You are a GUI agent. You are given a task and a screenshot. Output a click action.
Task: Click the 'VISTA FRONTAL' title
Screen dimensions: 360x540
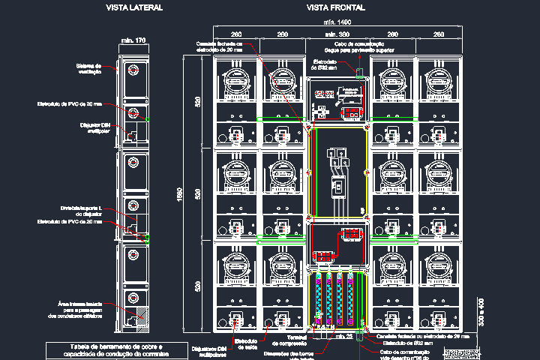[336, 7]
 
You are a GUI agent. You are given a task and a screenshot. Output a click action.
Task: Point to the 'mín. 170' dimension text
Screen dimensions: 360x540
[133, 40]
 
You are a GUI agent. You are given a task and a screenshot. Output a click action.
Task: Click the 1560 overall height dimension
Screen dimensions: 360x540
[178, 193]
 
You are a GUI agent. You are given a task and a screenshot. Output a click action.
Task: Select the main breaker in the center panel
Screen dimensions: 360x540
[338, 187]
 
